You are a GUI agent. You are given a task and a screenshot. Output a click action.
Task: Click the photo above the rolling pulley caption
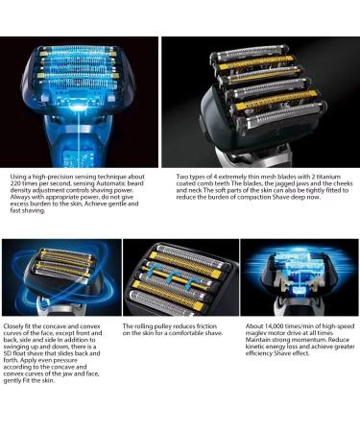(x=180, y=278)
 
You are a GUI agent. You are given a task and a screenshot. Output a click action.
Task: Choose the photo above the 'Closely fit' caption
(x=60, y=278)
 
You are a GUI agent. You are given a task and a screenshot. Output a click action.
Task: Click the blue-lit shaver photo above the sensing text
(x=81, y=101)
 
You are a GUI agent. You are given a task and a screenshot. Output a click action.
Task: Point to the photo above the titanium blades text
(x=259, y=101)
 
